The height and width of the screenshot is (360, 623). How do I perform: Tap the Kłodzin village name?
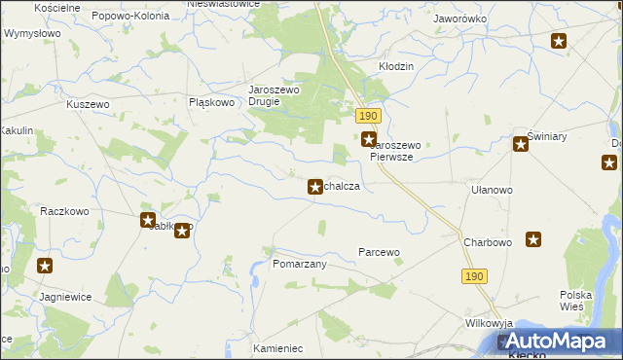pyautogui.click(x=396, y=66)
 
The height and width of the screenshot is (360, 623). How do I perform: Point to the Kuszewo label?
pyautogui.click(x=86, y=103)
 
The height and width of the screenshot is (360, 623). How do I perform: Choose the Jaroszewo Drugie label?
pyautogui.click(x=278, y=95)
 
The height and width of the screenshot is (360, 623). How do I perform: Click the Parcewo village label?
pyautogui.click(x=379, y=252)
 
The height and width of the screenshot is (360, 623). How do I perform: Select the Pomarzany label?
pyautogui.click(x=299, y=264)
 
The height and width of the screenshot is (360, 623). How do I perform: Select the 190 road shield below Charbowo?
pyautogui.click(x=473, y=276)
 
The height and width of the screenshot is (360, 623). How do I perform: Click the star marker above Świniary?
pyautogui.click(x=521, y=145)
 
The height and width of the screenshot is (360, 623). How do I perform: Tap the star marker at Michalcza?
pyautogui.click(x=315, y=186)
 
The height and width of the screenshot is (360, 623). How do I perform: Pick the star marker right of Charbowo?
pyautogui.click(x=533, y=239)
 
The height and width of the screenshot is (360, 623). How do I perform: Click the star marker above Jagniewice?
pyautogui.click(x=45, y=265)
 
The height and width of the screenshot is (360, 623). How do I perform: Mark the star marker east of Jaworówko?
pyautogui.click(x=559, y=41)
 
